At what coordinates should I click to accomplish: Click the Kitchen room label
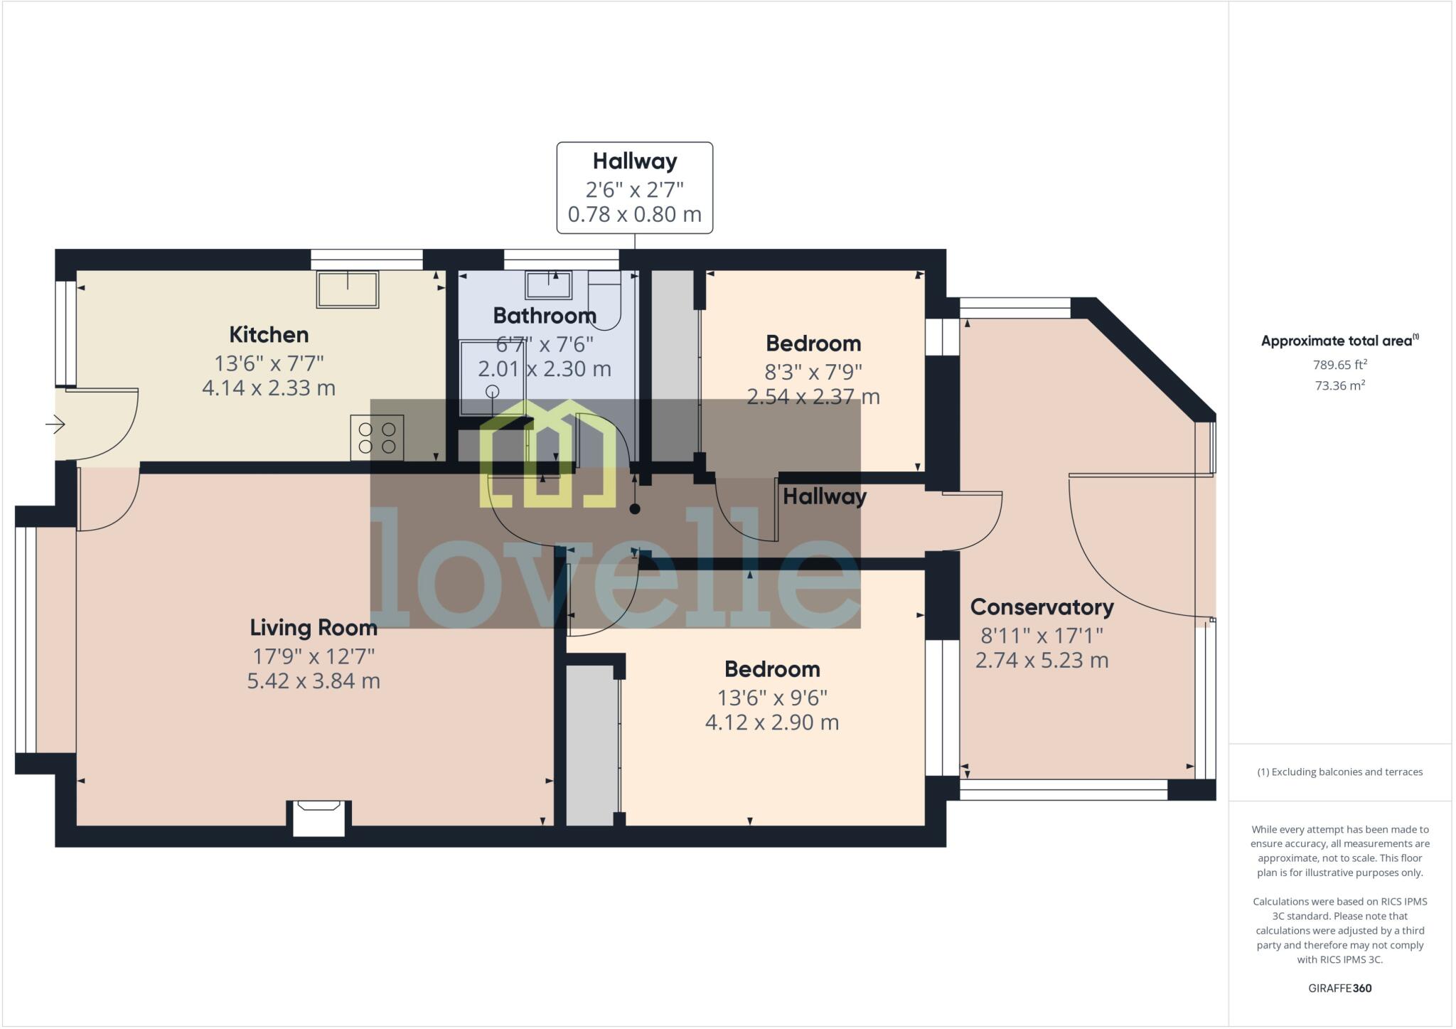tap(269, 334)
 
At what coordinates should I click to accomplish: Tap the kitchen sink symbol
tap(348, 289)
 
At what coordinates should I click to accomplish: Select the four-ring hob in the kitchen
tap(377, 438)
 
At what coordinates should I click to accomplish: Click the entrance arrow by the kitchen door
tap(55, 425)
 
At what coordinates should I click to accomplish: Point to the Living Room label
tap(314, 628)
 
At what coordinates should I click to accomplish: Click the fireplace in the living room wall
tap(318, 818)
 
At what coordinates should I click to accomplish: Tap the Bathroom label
tap(545, 315)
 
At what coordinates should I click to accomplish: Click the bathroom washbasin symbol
tap(548, 284)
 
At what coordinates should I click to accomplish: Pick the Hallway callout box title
tap(635, 161)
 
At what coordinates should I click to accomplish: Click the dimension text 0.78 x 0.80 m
tap(635, 214)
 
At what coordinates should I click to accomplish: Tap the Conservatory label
tap(1042, 607)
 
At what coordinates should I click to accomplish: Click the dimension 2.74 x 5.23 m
tap(1042, 661)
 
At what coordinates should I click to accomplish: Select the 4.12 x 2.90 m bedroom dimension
tap(772, 723)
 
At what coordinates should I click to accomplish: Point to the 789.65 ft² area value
tap(1340, 365)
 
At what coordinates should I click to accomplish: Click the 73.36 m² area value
tap(1340, 385)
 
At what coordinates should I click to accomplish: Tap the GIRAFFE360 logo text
tap(1340, 988)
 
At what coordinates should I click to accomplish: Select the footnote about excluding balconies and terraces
tap(1340, 772)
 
